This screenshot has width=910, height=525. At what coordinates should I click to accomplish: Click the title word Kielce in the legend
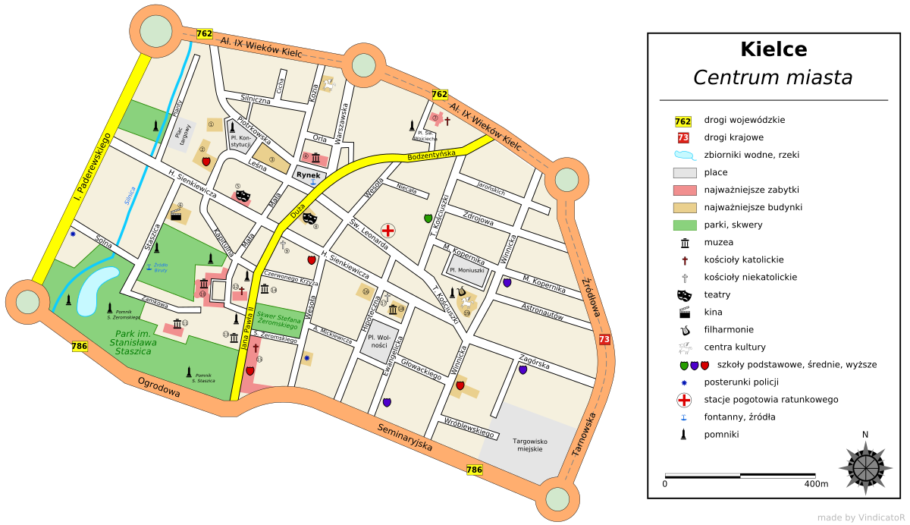[x=773, y=50]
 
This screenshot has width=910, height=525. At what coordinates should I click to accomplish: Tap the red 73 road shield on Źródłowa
[x=604, y=340]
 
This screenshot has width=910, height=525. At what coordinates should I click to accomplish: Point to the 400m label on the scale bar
[x=816, y=483]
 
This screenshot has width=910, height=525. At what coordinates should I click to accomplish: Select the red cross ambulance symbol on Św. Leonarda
[x=388, y=230]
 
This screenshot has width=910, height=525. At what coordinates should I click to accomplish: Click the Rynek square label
[x=308, y=175]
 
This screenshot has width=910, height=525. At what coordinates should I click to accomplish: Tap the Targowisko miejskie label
[x=531, y=445]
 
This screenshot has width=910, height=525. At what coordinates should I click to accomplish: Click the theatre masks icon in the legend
[x=684, y=295]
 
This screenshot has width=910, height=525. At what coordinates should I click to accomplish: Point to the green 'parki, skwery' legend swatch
[x=684, y=225]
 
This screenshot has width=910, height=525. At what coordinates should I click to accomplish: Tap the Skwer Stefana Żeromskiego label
[x=278, y=322]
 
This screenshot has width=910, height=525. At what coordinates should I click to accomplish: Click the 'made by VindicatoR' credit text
[x=860, y=517]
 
